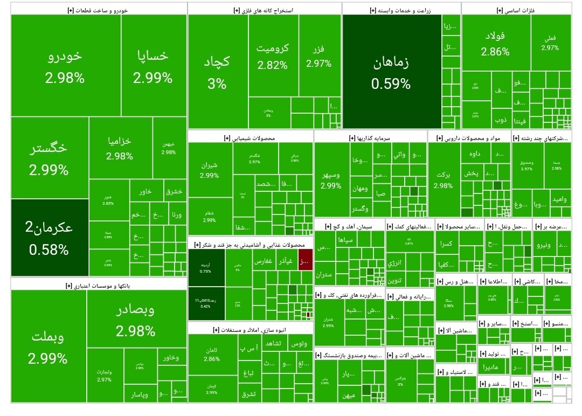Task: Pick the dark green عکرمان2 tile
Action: (x=49, y=237)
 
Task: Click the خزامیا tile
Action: (x=120, y=148)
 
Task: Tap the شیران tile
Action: (x=209, y=170)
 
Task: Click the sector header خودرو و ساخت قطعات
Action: (x=99, y=10)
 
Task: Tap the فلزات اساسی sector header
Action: (x=516, y=10)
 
